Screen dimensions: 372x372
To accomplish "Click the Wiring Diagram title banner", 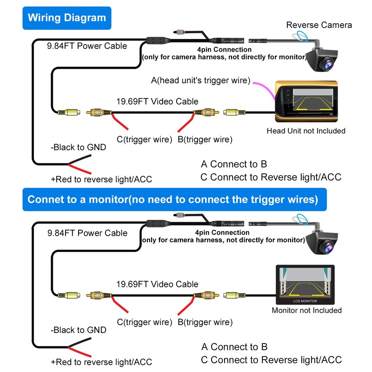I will click(66, 18).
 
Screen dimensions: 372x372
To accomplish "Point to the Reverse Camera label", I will click(319, 25).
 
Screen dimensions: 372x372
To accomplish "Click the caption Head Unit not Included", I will click(306, 131).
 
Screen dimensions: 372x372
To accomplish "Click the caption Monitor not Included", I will click(306, 310).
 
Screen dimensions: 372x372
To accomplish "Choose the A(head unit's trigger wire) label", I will click(201, 80).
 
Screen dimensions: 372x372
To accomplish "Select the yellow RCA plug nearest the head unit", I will click(232, 113).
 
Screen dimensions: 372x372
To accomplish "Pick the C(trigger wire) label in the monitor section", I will click(145, 322).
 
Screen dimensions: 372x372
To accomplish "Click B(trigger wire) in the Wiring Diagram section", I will click(205, 139).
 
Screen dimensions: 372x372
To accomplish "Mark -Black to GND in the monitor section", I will click(78, 330).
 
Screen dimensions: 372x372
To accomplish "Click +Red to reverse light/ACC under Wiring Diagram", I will click(101, 179).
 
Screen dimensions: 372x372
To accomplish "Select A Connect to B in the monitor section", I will click(234, 346).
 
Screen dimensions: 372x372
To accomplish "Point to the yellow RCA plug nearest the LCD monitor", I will click(232, 295).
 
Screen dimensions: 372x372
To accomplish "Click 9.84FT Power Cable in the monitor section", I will click(87, 233).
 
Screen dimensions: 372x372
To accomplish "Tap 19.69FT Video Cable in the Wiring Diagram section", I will click(157, 101).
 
